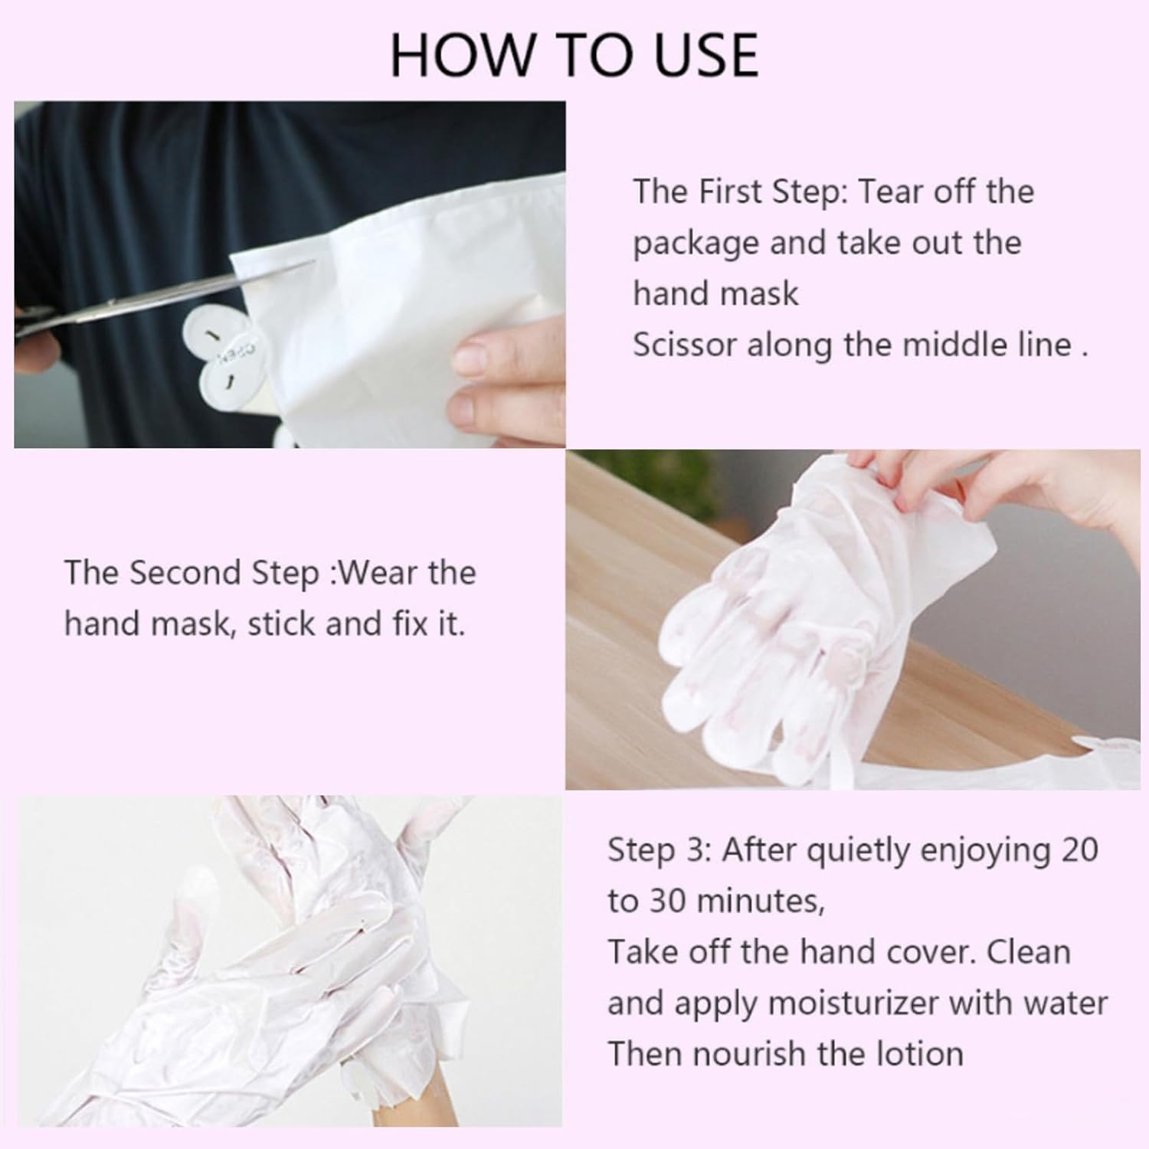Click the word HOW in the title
point(444,55)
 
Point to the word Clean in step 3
point(1028,952)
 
